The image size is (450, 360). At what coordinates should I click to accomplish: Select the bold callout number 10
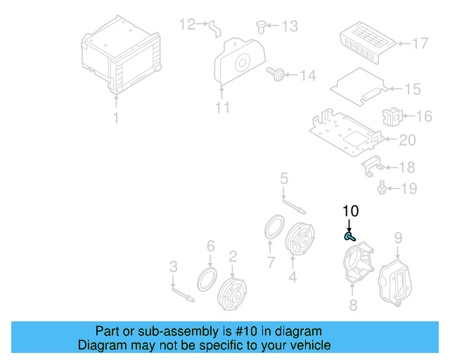[350, 211]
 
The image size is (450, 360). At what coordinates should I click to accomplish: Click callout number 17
[419, 44]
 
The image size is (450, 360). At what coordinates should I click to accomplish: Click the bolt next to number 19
[382, 187]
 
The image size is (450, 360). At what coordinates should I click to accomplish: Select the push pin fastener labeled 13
[262, 27]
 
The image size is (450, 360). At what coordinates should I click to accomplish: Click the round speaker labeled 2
[233, 292]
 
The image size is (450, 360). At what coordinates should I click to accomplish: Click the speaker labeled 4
[301, 243]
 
